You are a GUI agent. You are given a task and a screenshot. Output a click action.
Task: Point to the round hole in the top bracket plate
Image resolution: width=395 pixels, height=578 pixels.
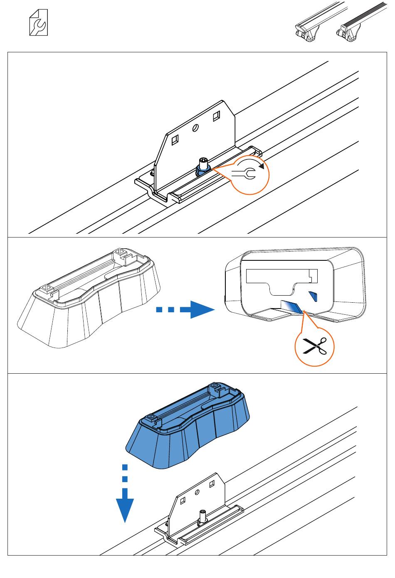196,128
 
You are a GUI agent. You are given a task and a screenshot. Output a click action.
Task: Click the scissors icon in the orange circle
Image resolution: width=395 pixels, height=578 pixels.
314,346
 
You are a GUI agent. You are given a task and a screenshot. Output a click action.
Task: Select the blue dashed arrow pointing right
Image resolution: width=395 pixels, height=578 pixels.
185,310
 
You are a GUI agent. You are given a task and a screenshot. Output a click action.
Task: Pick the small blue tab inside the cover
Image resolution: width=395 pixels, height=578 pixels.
313,296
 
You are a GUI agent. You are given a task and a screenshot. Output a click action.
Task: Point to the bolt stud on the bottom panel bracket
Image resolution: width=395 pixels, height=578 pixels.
202,516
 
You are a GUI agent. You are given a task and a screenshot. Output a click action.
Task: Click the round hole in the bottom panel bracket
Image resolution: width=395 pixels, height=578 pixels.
197,492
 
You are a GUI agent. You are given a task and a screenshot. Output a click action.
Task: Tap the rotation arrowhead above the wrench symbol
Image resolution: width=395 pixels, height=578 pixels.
261,166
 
